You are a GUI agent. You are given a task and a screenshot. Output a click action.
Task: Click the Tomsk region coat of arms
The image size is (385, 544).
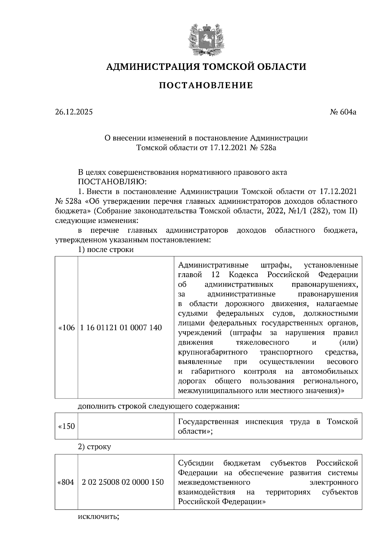tap(206, 38)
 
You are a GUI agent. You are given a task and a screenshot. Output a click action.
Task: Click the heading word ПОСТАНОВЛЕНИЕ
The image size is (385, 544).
tap(206, 85)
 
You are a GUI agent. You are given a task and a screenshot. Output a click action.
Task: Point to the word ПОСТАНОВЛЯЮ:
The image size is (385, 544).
tap(112, 182)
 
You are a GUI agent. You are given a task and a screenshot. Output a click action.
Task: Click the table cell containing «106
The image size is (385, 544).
tap(66, 327)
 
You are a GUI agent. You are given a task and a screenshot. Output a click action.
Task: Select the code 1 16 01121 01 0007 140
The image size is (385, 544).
tap(121, 327)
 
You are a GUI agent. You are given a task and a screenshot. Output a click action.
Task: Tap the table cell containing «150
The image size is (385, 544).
tap(66, 426)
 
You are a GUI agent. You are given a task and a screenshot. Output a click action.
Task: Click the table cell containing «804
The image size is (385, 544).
tap(66, 482)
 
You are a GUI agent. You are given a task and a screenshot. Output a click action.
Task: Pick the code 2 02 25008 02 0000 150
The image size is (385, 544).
tap(123, 482)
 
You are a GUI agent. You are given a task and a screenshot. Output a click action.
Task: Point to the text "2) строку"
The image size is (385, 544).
tap(95, 447)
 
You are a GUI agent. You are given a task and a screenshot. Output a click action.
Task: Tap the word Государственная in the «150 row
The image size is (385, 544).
tap(208, 422)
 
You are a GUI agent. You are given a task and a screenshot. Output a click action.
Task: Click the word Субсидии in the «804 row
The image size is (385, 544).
tap(196, 463)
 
